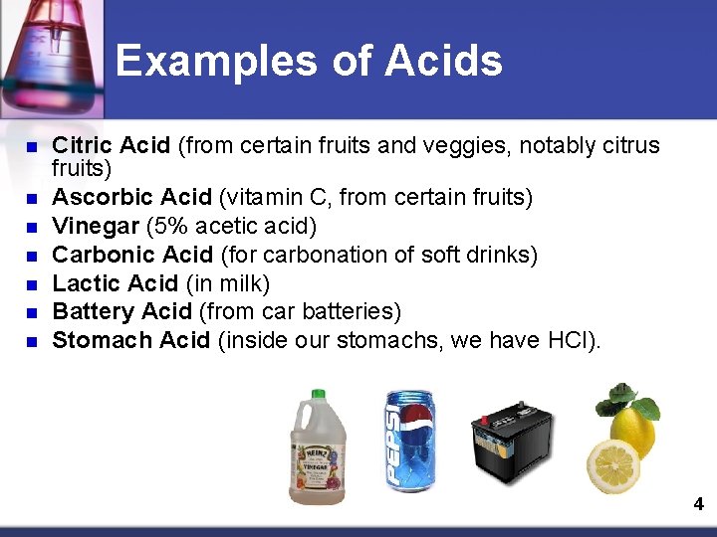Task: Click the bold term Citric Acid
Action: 111,146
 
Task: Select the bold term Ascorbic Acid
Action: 131,198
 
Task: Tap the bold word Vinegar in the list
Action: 95,227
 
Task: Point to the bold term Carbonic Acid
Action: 132,256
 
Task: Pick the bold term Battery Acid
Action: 122,312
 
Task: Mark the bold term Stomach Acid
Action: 130,341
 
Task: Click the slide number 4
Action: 698,504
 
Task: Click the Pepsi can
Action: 409,441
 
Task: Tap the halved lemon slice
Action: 613,465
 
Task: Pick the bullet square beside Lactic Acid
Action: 30,284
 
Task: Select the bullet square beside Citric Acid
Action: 30,147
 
